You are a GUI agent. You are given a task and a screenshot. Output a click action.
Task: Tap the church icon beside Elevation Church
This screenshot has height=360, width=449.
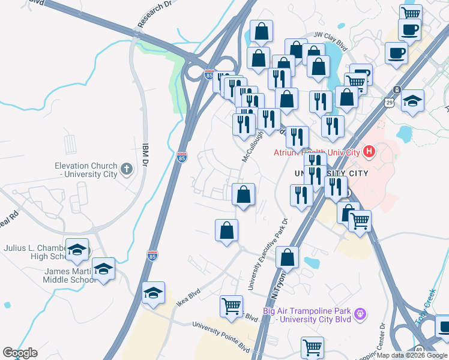126,169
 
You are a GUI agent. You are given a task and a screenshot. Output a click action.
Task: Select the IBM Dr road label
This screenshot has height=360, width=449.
144,155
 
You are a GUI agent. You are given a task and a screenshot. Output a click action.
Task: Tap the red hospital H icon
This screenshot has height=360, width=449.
369,152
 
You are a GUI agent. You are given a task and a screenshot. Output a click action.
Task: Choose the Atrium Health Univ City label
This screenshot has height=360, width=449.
316,152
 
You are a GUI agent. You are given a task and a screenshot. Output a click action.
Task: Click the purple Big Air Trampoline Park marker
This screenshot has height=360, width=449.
360,313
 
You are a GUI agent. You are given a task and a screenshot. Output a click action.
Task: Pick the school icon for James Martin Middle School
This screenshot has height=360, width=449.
103,268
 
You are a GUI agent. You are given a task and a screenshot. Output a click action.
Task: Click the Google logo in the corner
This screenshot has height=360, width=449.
20,353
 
